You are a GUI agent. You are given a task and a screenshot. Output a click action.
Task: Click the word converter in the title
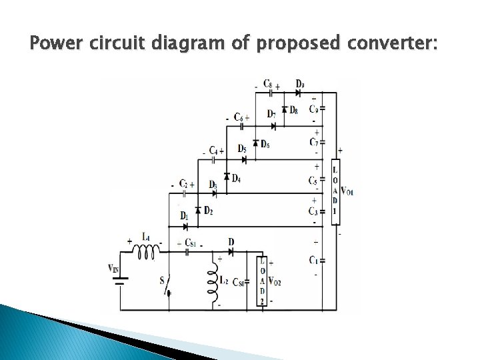[390, 45]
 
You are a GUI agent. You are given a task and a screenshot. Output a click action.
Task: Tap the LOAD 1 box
[335, 189]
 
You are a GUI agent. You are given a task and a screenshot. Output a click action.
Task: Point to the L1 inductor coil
[147, 251]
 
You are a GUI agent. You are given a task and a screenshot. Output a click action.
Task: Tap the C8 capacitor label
[267, 84]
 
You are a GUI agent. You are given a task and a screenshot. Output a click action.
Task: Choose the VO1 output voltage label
[347, 193]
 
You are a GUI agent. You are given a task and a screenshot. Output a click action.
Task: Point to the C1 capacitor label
[313, 259]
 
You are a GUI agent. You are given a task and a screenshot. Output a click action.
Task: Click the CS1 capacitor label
[190, 243]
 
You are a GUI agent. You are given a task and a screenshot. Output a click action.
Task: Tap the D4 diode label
[237, 179]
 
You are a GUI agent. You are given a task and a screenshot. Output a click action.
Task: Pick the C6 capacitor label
[237, 117]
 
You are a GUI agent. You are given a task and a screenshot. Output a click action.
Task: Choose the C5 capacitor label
[313, 181]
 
